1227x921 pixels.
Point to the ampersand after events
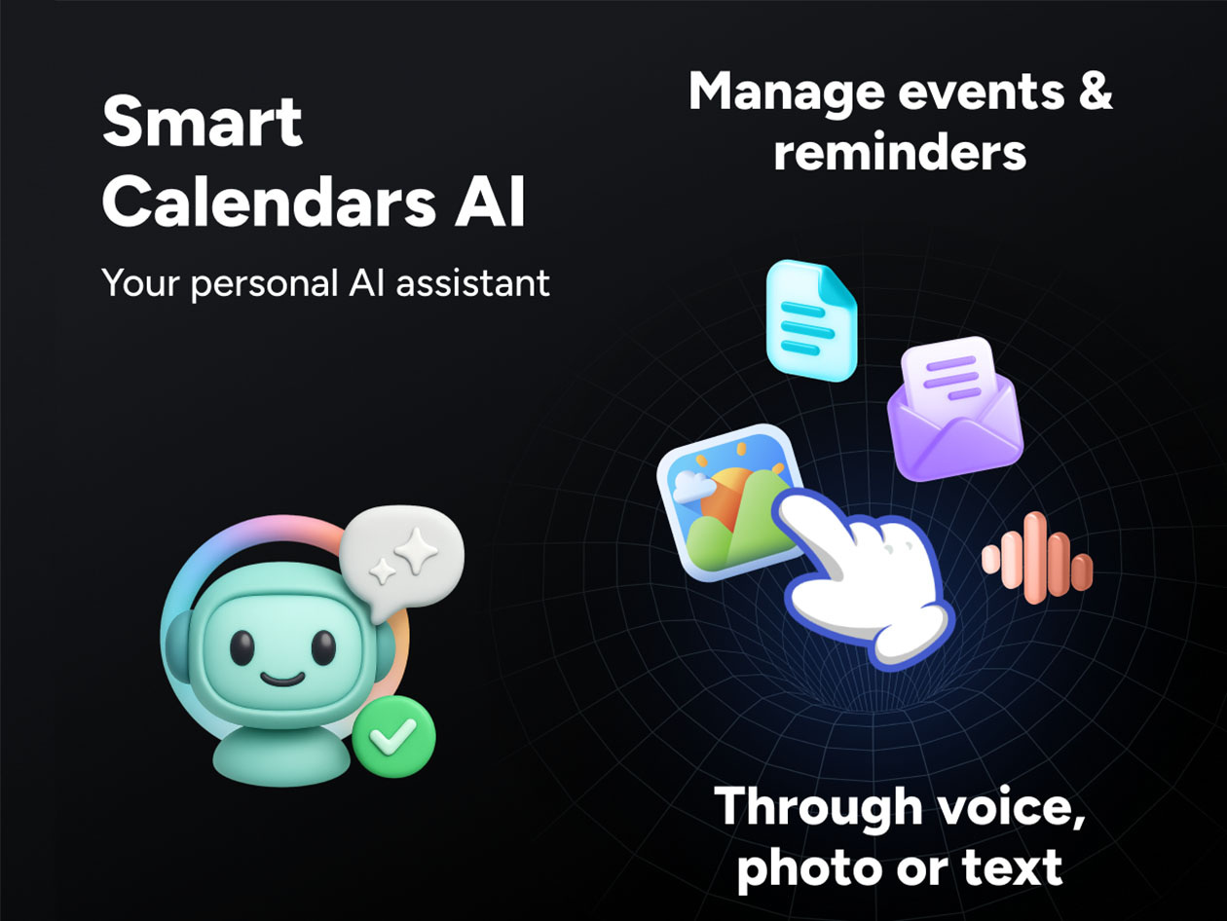[x=1095, y=92]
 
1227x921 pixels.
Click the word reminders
[x=899, y=153]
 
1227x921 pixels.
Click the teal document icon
[x=810, y=320]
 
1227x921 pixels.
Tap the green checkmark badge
[x=393, y=736]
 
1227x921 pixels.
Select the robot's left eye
[x=241, y=645]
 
